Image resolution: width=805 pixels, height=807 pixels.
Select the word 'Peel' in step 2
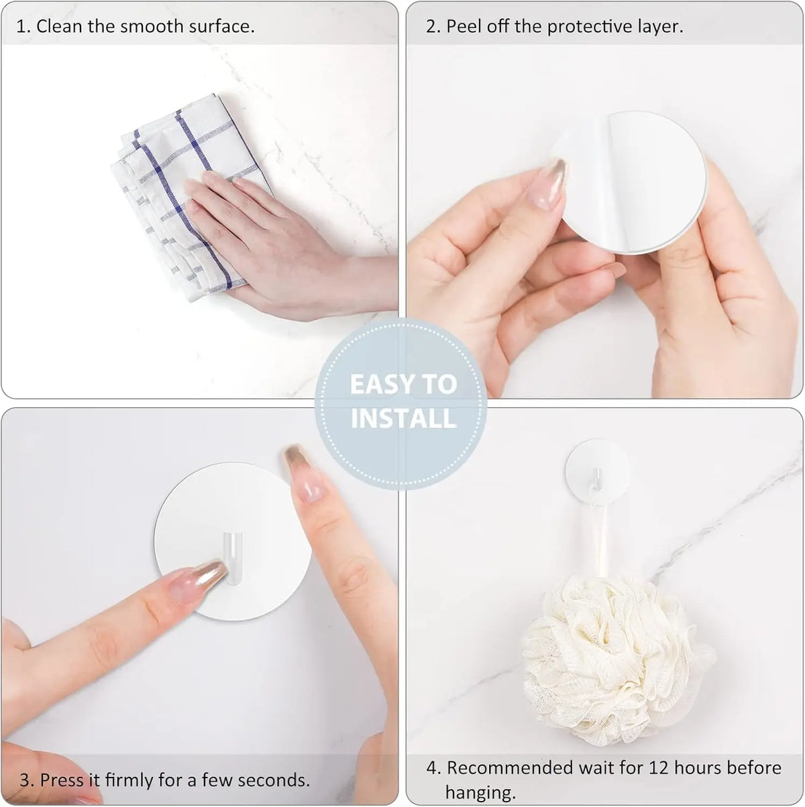click(464, 26)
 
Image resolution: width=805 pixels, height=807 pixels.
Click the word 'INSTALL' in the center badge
click(403, 419)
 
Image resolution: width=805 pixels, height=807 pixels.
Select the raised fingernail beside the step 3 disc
click(303, 473)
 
